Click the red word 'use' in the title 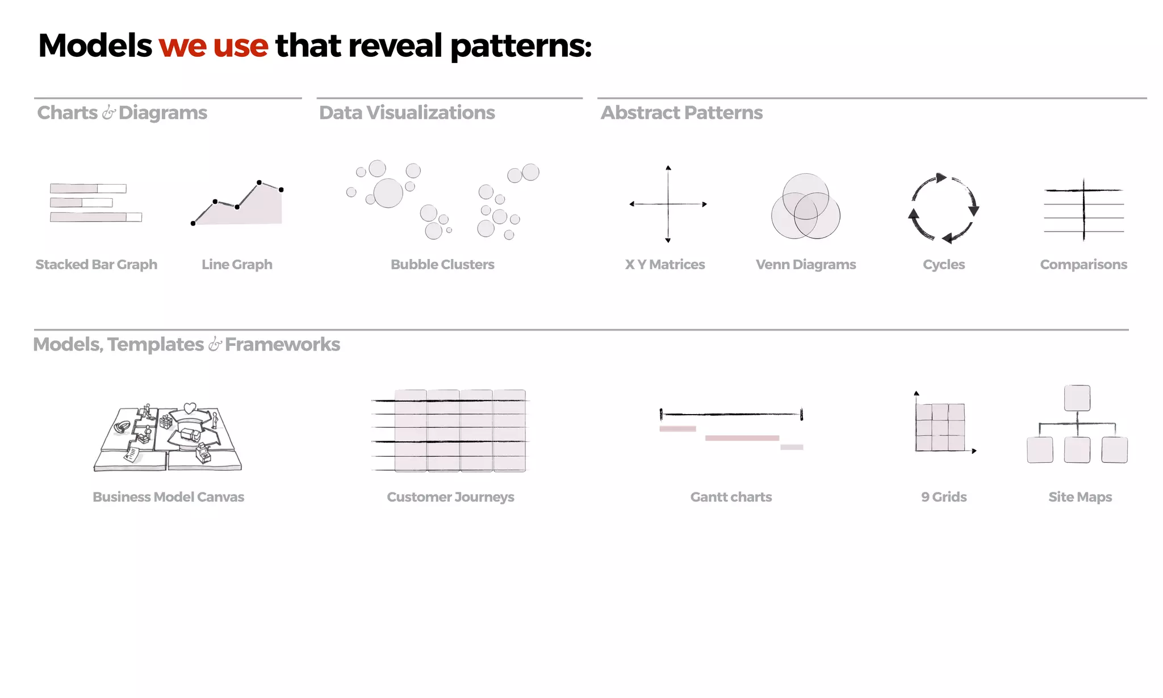click(x=240, y=45)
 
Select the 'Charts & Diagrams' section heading click(x=122, y=112)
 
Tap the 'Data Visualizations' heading click(x=407, y=112)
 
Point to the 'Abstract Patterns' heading click(x=681, y=112)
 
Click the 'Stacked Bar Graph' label click(x=97, y=265)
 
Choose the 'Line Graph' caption click(x=237, y=265)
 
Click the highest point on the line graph click(x=259, y=182)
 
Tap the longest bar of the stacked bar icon click(x=95, y=217)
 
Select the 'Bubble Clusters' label click(x=442, y=265)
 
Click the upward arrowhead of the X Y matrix click(x=668, y=168)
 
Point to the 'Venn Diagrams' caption click(x=806, y=265)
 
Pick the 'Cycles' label click(x=944, y=265)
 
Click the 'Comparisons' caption click(x=1083, y=265)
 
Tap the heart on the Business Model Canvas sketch click(x=190, y=408)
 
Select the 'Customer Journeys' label click(x=450, y=497)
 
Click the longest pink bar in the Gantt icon click(x=742, y=438)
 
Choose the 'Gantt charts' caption click(x=731, y=497)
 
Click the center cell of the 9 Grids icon click(x=940, y=427)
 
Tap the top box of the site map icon click(x=1077, y=398)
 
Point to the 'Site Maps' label click(x=1080, y=497)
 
